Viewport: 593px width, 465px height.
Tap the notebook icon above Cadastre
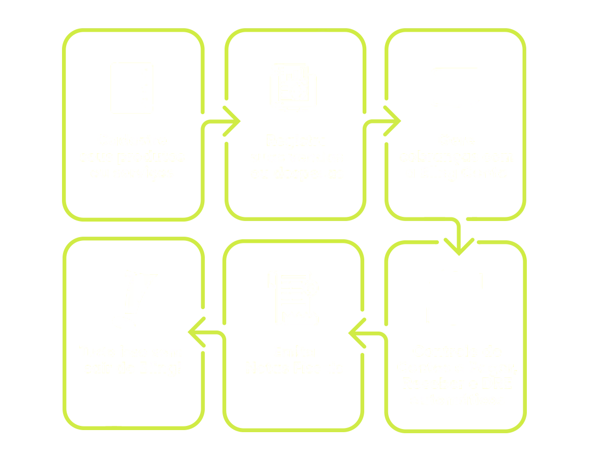(x=131, y=89)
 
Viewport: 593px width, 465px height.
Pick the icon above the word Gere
(x=456, y=87)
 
